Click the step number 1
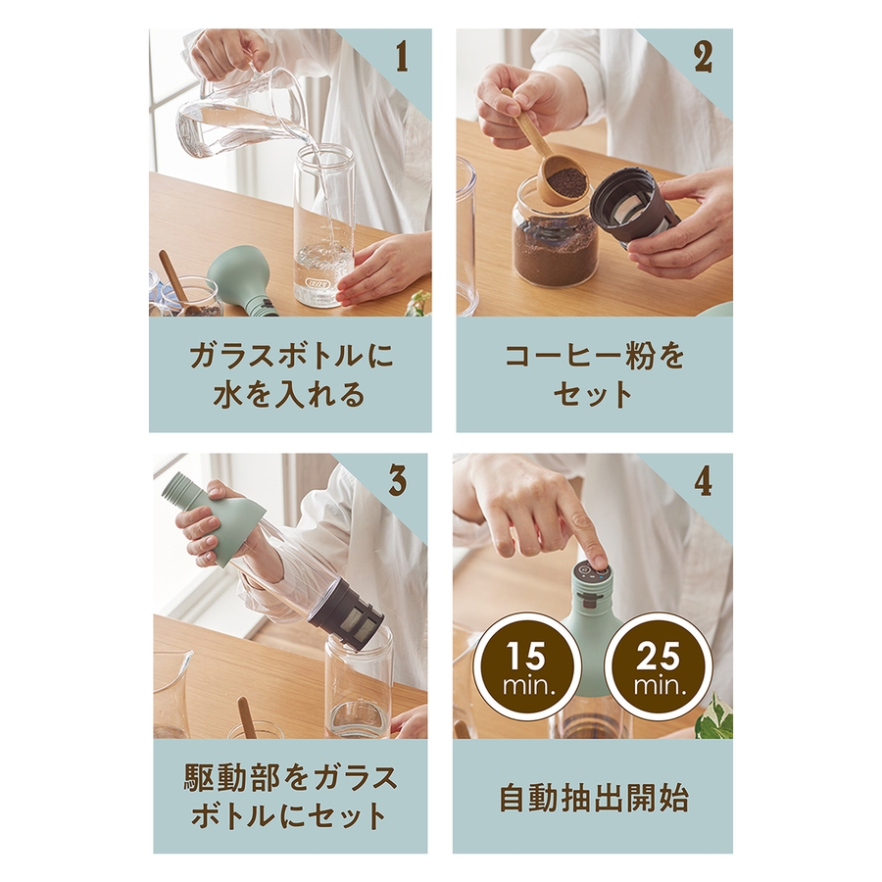402,58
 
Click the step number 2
703,58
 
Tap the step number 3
397,481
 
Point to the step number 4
703,481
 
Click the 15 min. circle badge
526,667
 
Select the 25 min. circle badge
658,667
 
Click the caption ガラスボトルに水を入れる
290,375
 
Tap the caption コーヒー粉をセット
594,375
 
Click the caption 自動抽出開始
594,799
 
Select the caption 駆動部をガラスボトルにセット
290,798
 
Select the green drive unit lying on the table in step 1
241,282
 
